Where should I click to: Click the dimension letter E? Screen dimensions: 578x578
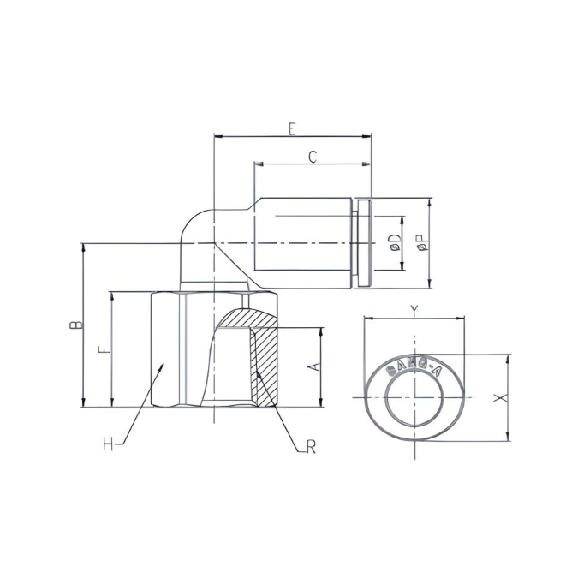tap(292, 128)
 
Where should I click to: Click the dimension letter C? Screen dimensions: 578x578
tap(313, 156)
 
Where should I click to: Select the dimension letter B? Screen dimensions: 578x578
tap(75, 325)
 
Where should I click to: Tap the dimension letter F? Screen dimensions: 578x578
tap(104, 350)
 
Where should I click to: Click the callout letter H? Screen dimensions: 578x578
tap(109, 444)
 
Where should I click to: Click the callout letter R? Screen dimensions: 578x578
tap(311, 447)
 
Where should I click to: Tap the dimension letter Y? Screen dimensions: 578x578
tap(414, 310)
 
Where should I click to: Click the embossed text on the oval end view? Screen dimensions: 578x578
tap(414, 366)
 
